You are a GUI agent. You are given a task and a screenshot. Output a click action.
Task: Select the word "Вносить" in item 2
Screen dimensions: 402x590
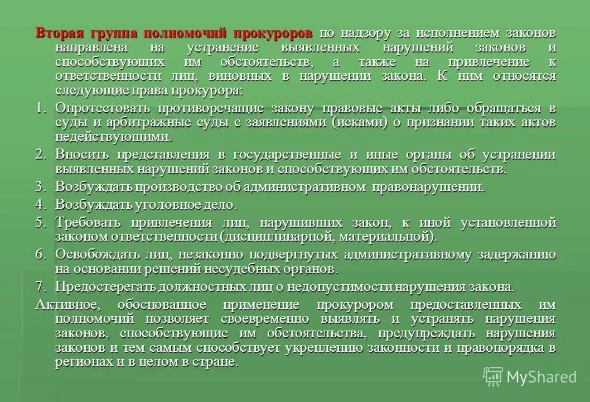coord(79,154)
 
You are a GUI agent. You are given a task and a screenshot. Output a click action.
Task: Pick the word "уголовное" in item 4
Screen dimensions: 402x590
coord(167,204)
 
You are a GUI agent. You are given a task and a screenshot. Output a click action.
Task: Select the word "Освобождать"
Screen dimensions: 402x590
coord(93,255)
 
